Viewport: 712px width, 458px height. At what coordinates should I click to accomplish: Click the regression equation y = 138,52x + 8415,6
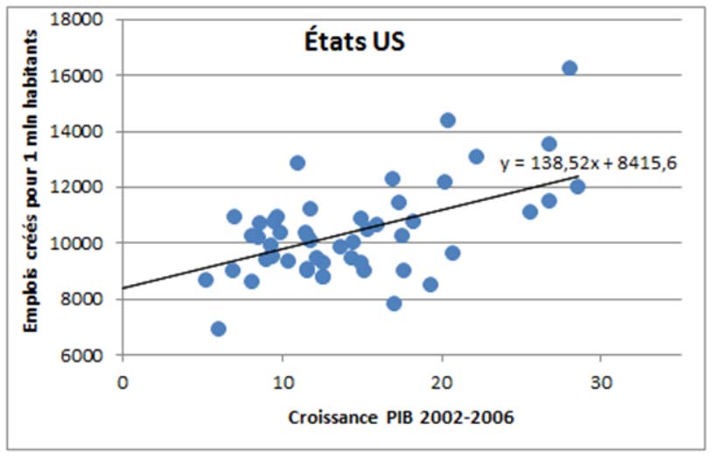click(589, 163)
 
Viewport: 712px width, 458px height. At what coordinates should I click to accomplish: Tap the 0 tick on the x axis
click(122, 381)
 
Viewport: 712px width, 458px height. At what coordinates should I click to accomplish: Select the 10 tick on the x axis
click(282, 381)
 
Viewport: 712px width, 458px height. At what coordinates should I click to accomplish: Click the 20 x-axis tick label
click(442, 381)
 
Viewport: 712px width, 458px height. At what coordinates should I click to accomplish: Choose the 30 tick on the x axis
click(601, 381)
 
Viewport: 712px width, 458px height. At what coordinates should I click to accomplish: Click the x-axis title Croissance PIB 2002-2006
click(401, 417)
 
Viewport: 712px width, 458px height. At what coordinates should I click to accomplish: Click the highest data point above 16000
click(569, 68)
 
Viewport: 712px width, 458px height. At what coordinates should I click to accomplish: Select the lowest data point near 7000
click(219, 329)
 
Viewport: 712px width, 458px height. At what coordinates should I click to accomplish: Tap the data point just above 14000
click(448, 121)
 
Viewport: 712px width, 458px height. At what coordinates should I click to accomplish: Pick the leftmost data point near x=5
click(206, 280)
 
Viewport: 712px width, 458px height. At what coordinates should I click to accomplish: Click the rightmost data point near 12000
click(577, 186)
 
